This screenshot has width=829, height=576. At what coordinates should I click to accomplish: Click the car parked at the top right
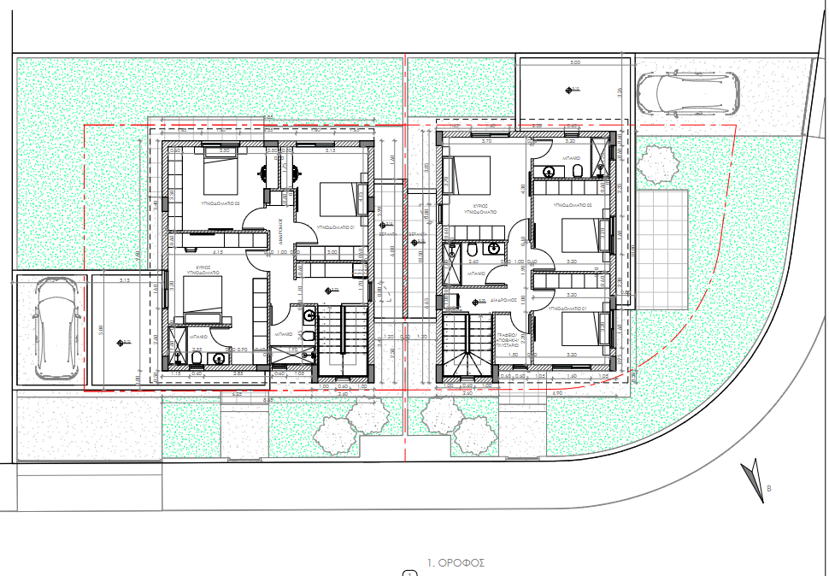click(686, 92)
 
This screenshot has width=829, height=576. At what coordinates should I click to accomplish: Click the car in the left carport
click(54, 328)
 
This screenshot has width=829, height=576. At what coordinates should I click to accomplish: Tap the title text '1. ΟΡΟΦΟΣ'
click(456, 563)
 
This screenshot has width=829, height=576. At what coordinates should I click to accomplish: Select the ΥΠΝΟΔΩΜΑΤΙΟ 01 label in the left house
click(338, 227)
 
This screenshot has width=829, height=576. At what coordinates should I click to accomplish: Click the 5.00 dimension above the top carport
click(574, 62)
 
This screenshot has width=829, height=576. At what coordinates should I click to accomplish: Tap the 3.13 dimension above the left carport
click(125, 280)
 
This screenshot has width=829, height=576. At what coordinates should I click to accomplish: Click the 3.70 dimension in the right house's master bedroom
click(487, 141)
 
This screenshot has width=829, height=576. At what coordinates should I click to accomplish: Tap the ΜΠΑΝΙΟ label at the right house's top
click(571, 159)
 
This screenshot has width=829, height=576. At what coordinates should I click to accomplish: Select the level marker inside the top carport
click(573, 88)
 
